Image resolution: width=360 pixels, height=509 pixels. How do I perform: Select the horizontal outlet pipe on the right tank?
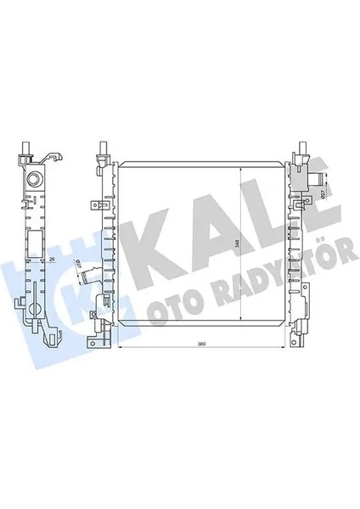tap(318, 179)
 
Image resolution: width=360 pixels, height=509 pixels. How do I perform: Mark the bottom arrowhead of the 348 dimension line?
tap(244, 326)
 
